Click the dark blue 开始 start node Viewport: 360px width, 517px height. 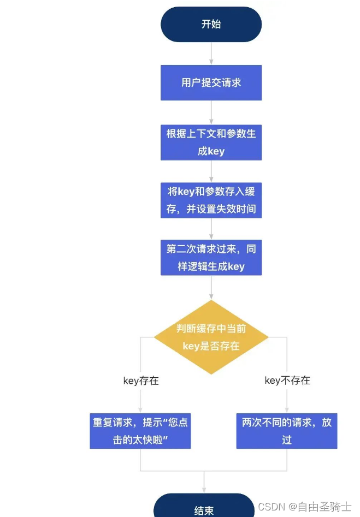[x=211, y=24]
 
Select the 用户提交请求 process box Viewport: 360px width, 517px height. [x=211, y=82]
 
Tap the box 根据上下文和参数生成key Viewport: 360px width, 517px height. [x=211, y=142]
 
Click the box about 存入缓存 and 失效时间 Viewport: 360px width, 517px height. [x=211, y=200]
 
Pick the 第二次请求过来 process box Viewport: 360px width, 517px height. [x=211, y=258]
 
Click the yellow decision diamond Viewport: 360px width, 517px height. [x=211, y=337]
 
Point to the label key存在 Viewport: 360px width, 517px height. [x=141, y=381]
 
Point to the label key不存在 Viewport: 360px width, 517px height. [x=287, y=381]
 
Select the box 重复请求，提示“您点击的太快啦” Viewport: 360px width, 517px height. [x=140, y=431]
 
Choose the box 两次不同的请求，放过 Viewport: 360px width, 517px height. [x=287, y=431]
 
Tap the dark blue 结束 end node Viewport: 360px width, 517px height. [x=204, y=509]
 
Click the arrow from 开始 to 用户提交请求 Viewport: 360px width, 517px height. [x=211, y=54]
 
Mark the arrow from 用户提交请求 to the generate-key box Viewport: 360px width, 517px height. [x=211, y=112]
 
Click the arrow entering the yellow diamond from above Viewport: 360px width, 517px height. [x=211, y=288]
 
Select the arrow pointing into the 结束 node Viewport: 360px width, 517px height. [x=204, y=483]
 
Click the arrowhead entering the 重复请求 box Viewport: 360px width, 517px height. [x=140, y=410]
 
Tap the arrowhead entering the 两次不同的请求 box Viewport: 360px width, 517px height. [x=287, y=410]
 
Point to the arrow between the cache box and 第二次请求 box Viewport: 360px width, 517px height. [x=211, y=229]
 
